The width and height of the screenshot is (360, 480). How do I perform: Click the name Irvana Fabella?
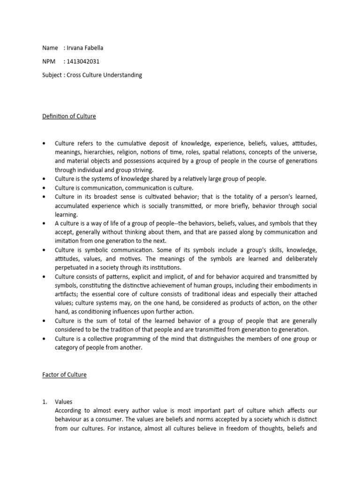click(87, 48)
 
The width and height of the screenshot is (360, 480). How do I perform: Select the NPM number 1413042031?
click(83, 61)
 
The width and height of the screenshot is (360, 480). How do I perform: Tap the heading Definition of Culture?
click(69, 116)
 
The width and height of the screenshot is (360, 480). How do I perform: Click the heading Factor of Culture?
click(64, 375)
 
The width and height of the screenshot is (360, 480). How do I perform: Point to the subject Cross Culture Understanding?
click(104, 75)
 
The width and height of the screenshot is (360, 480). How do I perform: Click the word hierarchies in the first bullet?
click(104, 152)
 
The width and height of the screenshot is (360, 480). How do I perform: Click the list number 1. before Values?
click(45, 402)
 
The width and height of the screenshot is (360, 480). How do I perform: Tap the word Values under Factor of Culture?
click(63, 402)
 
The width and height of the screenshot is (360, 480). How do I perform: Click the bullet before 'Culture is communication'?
click(44, 187)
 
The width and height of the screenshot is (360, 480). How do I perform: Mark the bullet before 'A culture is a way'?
click(44, 223)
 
